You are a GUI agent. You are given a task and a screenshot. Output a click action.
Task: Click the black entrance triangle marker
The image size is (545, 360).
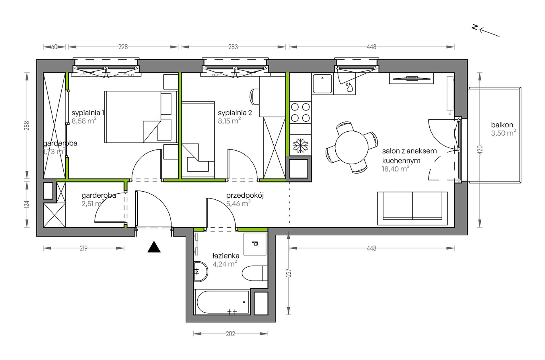click(x=154, y=247)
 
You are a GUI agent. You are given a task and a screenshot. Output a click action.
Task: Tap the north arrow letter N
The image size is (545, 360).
click(x=475, y=27)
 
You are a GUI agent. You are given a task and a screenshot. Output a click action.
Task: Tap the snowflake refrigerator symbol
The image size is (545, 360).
click(x=300, y=145)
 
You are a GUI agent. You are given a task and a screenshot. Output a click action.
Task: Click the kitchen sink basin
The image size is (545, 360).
click(x=322, y=84)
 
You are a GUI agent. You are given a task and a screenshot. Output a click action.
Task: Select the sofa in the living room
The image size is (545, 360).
click(x=412, y=208)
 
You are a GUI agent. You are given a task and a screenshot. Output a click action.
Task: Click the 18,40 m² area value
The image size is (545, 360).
click(x=395, y=169)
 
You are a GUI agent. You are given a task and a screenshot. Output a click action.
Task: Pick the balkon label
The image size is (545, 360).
click(x=502, y=125)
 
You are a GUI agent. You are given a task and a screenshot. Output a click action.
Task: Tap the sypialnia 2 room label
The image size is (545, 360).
click(x=235, y=113)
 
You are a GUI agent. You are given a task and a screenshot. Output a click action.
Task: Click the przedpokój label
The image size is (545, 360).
click(x=245, y=196)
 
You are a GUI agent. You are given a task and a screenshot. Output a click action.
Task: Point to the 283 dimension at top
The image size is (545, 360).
click(x=233, y=47)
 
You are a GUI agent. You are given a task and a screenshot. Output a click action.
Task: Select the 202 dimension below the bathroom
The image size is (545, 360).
click(x=230, y=334)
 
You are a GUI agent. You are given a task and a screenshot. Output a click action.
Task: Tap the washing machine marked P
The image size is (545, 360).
click(x=255, y=244)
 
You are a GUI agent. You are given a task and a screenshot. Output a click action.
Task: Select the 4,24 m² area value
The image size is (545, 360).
click(x=225, y=264)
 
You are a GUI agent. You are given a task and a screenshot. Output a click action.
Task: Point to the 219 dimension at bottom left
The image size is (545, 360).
click(x=83, y=248)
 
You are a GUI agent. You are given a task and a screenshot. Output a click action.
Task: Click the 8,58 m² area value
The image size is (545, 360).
click(x=84, y=121)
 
